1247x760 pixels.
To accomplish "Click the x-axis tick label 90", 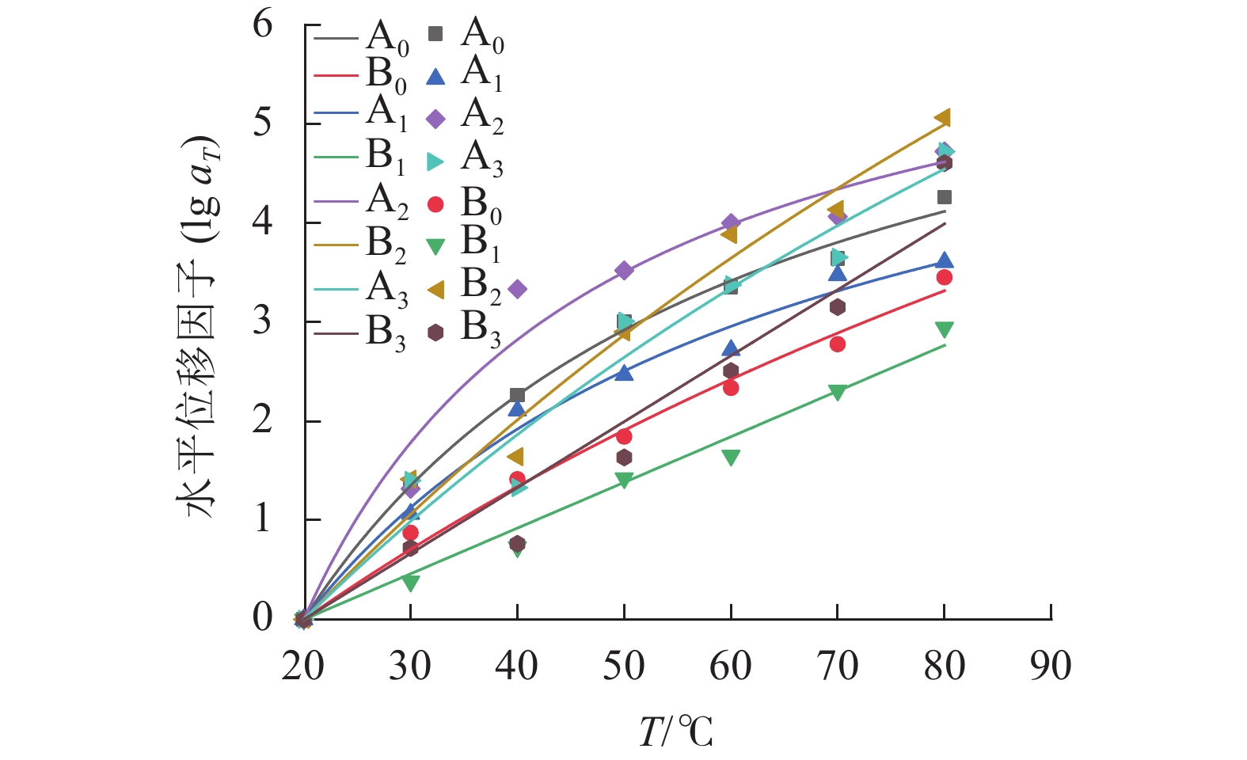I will pyautogui.click(x=1051, y=667).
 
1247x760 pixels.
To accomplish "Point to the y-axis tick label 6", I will pyautogui.click(x=263, y=25).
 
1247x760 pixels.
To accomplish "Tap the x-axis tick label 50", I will pyautogui.click(x=624, y=667).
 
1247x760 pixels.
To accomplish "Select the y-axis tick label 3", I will pyautogui.click(x=263, y=321).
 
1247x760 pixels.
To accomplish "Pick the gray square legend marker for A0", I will pyautogui.click(x=435, y=34).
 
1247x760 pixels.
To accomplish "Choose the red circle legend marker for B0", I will pyautogui.click(x=435, y=205).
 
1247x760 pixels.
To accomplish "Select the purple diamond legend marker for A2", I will pyautogui.click(x=435, y=120).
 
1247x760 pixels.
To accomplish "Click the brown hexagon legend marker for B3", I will pyautogui.click(x=435, y=333).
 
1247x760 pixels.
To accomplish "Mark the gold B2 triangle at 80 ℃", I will pyautogui.click(x=943, y=119).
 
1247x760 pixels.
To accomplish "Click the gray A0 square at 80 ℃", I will pyautogui.click(x=944, y=197).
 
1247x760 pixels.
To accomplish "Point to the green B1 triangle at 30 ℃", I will pyautogui.click(x=410, y=583).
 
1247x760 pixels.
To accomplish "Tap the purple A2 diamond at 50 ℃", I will pyautogui.click(x=624, y=271).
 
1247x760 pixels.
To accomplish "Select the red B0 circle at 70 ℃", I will pyautogui.click(x=837, y=344).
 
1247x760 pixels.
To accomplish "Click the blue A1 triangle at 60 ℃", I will pyautogui.click(x=731, y=349).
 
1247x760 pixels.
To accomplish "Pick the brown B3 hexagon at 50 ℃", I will pyautogui.click(x=624, y=458).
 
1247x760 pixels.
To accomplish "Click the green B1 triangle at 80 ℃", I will pyautogui.click(x=944, y=329).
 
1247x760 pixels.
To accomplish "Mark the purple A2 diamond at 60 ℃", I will pyautogui.click(x=731, y=222).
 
